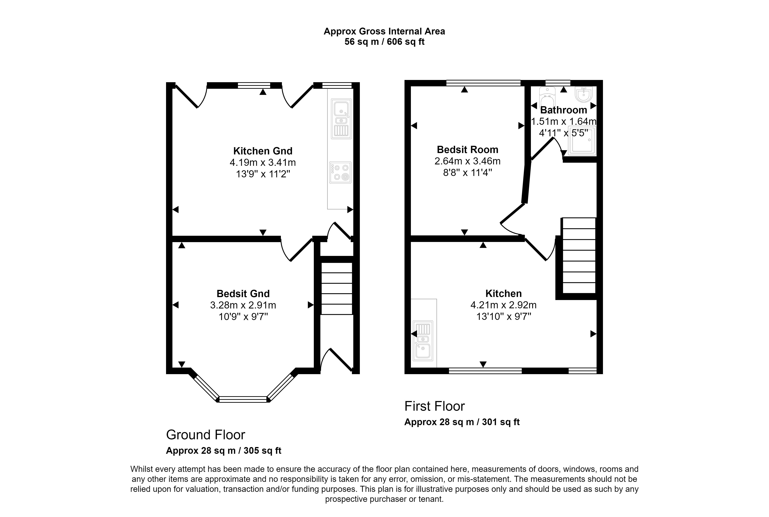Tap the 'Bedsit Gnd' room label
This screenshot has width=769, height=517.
(x=243, y=293)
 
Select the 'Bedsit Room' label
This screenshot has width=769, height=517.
(x=467, y=150)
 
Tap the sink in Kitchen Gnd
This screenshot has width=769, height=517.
(x=341, y=119)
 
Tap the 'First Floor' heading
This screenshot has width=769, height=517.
(x=435, y=406)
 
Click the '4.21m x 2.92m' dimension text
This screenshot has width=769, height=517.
(x=503, y=305)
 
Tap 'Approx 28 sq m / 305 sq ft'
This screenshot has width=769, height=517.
(x=224, y=451)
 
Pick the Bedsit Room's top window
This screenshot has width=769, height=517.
(x=483, y=83)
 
